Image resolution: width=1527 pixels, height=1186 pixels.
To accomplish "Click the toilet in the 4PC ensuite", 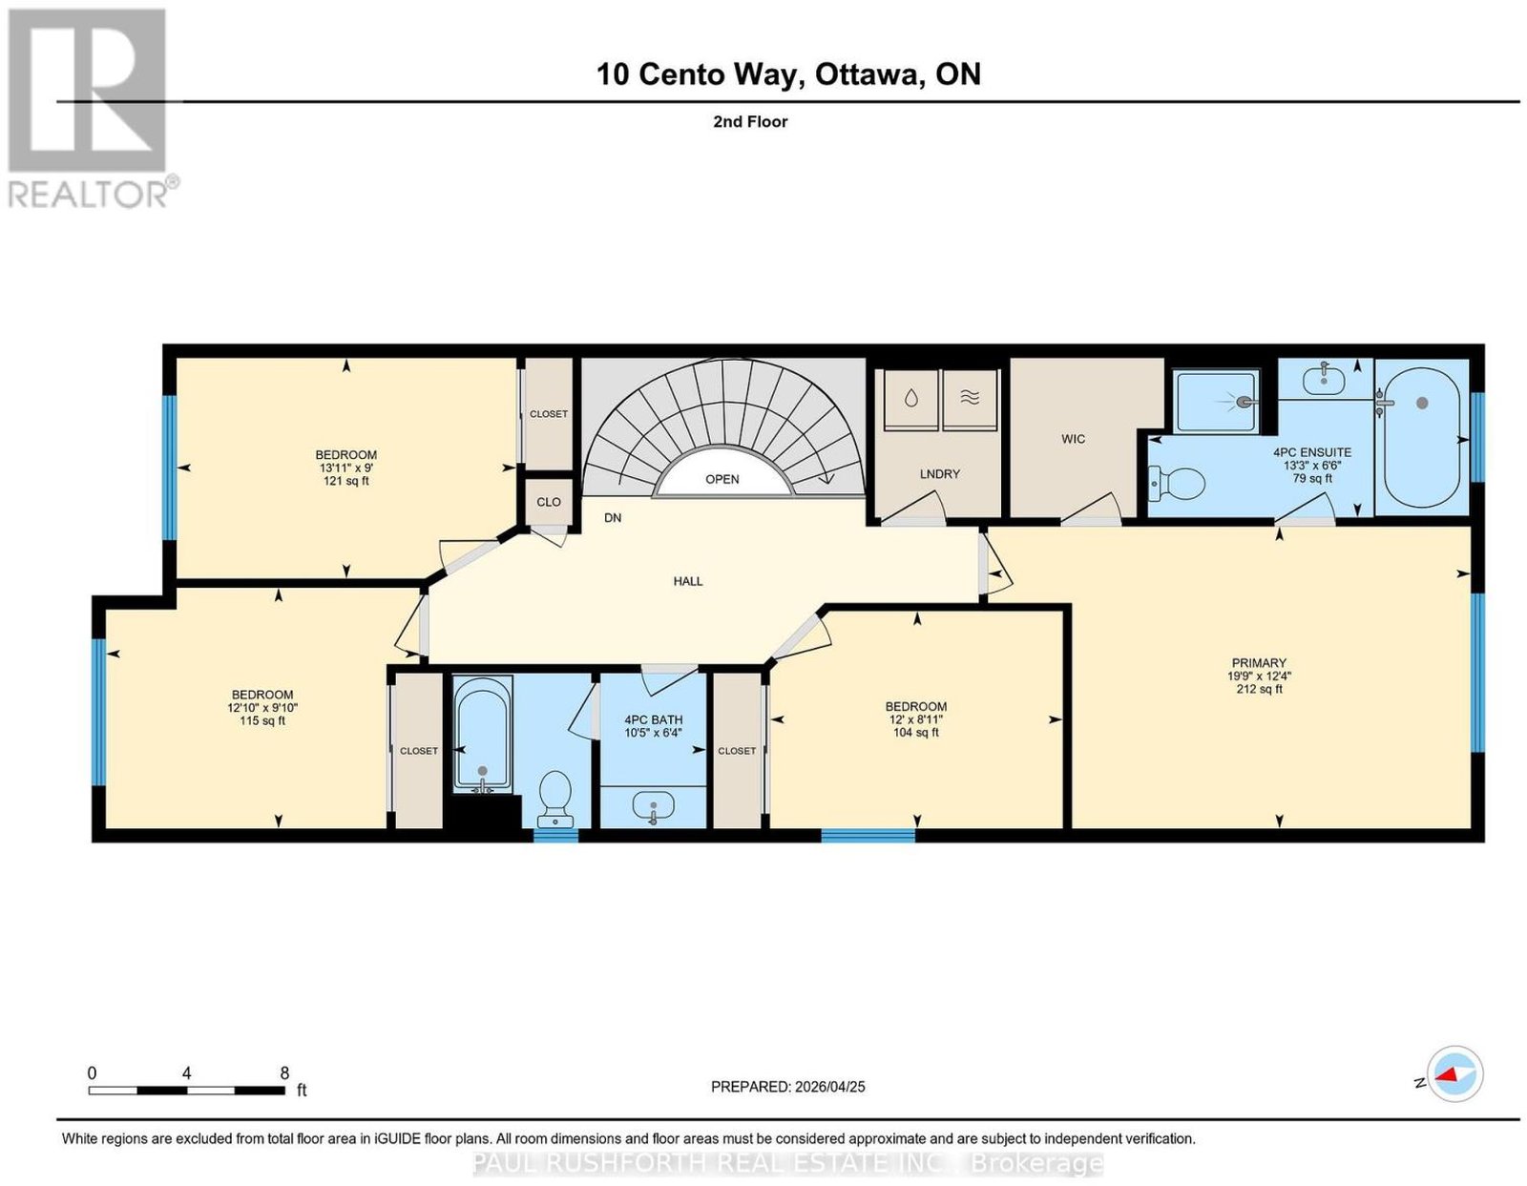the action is [x=1176, y=483].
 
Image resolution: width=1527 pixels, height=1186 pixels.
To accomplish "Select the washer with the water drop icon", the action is [x=910, y=400].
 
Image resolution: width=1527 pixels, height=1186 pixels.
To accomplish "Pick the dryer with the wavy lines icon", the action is [x=969, y=400].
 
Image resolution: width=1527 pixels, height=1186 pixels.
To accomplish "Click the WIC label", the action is [x=1073, y=439].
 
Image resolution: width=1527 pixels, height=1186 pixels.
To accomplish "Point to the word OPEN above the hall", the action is [x=722, y=479].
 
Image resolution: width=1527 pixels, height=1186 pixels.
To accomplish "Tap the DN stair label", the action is [x=613, y=517].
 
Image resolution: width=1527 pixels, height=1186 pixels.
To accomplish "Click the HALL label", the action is [x=688, y=581].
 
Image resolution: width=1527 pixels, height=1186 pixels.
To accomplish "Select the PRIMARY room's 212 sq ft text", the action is [x=1259, y=689].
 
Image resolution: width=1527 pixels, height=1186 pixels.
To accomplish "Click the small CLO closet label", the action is [x=549, y=501].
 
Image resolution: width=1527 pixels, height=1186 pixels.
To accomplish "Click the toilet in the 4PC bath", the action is [x=555, y=799].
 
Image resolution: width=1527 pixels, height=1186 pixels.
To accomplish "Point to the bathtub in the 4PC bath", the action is [x=482, y=738].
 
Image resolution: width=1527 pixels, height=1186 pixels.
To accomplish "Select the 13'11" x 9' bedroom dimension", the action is [x=345, y=468].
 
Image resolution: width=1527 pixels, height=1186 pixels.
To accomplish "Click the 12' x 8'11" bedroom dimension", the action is [x=915, y=719].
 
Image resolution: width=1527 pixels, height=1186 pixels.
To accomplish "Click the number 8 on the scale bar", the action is [x=283, y=1073].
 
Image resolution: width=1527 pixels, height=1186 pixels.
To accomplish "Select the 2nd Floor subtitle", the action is [x=750, y=121].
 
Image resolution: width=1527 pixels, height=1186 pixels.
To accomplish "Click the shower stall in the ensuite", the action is [x=1217, y=401].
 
